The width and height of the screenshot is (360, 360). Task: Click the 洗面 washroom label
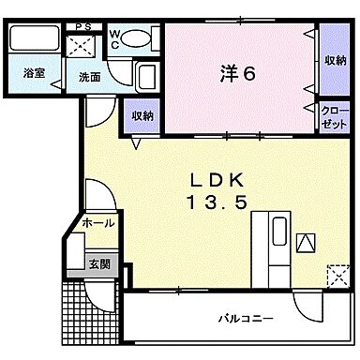(89, 78)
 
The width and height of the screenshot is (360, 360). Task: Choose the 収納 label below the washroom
(142, 116)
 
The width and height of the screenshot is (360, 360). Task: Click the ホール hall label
(98, 224)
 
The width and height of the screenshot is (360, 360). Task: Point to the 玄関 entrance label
(99, 264)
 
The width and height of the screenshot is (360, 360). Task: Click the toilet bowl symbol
(139, 38)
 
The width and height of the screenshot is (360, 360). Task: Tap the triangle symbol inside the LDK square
(307, 243)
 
